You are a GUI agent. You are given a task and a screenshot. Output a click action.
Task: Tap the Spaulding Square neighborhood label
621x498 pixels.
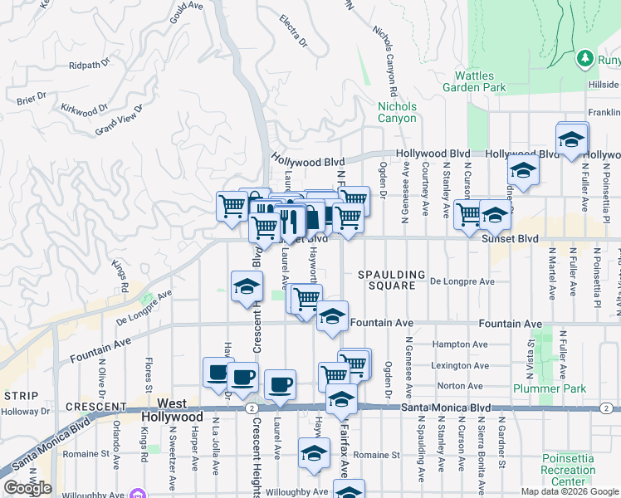391,280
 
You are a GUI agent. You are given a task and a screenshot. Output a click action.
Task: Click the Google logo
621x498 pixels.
28,489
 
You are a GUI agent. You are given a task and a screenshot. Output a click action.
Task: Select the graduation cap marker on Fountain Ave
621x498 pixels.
332,317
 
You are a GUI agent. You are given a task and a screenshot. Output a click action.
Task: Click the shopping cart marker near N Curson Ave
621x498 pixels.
468,212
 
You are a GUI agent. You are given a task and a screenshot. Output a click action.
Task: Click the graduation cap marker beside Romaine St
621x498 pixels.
314,453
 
